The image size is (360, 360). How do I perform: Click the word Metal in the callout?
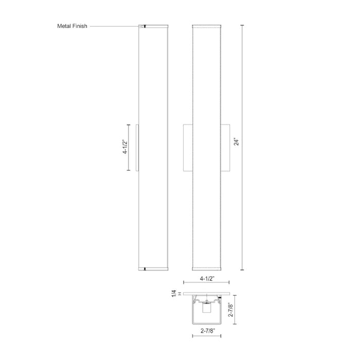64,26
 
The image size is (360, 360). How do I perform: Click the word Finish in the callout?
80,26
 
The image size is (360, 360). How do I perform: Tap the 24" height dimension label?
236,141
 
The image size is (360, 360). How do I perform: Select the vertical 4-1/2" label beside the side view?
125,147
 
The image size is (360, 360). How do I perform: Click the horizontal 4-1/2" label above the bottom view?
207,279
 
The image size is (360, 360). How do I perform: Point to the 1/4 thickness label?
174,294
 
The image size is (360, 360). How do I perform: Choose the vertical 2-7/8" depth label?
231,310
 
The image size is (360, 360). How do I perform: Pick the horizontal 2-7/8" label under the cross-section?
208,331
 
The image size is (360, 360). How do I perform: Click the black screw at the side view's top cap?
145,26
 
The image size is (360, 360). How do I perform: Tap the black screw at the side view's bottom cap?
145,269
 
